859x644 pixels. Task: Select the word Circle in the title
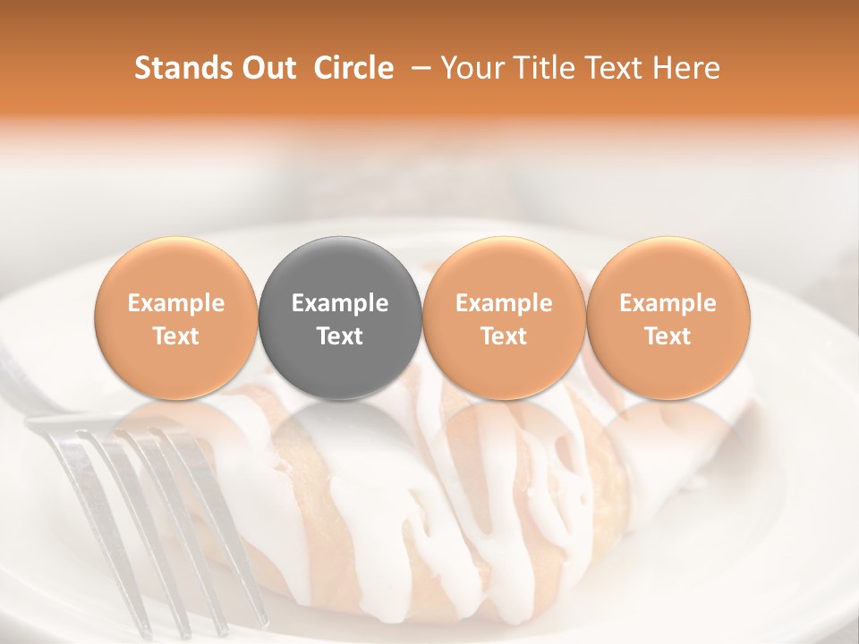coord(353,68)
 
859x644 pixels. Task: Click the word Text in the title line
coord(614,68)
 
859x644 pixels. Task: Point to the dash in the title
coord(417,68)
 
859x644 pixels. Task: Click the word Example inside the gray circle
coord(340,303)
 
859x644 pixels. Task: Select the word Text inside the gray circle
coord(340,336)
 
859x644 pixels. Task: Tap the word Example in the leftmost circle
coord(175,303)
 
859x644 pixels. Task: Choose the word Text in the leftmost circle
coord(175,336)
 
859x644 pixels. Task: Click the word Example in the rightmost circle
coord(668,303)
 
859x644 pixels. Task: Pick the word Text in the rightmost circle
coord(668,336)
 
